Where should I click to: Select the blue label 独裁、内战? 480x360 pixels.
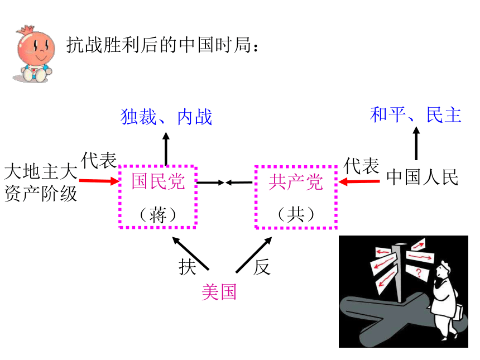[166, 117]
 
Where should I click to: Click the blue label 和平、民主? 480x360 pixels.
[415, 115]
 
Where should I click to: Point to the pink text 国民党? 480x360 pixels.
[158, 181]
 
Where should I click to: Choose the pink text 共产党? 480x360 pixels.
[296, 182]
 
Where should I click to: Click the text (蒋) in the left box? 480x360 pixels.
[158, 215]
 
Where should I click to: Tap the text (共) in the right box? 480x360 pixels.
[296, 214]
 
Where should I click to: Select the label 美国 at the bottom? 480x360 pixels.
[219, 292]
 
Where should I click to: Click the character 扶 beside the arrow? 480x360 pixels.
[188, 267]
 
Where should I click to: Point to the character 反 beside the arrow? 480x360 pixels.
[262, 267]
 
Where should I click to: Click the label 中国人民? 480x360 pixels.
[423, 177]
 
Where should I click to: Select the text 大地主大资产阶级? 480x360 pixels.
[41, 183]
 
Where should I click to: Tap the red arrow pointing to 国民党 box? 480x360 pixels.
[99, 181]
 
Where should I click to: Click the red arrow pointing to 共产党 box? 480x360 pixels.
[359, 182]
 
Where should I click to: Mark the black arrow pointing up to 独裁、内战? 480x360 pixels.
[166, 149]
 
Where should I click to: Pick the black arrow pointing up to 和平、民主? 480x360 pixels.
[416, 143]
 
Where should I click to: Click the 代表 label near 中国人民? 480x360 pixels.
[362, 166]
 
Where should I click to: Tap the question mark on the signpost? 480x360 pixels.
[419, 272]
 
